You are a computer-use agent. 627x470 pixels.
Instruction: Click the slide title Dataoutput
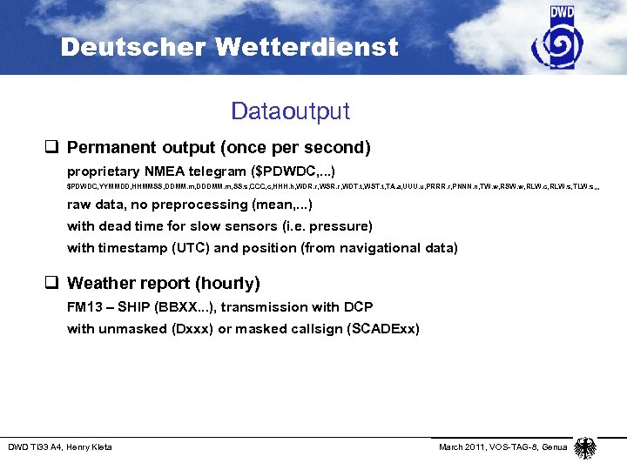(290, 111)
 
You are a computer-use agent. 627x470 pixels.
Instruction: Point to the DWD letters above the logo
(563, 12)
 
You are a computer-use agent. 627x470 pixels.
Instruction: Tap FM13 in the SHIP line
(84, 306)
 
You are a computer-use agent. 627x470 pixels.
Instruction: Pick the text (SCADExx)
(379, 328)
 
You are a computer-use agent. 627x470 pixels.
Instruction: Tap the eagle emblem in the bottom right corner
(586, 447)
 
